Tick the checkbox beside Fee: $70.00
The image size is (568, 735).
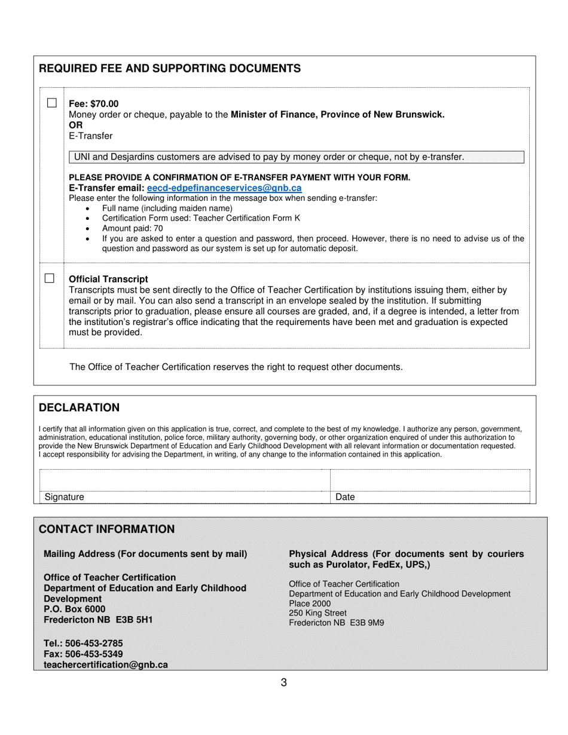click(x=52, y=103)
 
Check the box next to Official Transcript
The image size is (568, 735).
click(x=50, y=278)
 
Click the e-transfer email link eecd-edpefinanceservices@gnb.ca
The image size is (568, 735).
click(x=224, y=188)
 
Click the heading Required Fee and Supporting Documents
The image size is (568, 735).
click(x=169, y=68)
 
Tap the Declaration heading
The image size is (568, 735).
click(x=79, y=408)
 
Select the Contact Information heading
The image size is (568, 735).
click(x=106, y=529)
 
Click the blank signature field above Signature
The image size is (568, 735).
click(x=184, y=480)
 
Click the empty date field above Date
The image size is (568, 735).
click(x=429, y=480)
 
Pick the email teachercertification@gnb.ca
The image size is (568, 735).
click(x=105, y=664)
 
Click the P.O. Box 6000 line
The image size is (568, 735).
click(x=74, y=610)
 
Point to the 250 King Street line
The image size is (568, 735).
click(x=317, y=613)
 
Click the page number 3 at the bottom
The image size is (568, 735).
click(x=283, y=682)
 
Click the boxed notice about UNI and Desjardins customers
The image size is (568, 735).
click(x=296, y=157)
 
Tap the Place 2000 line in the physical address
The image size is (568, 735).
click(x=309, y=604)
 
